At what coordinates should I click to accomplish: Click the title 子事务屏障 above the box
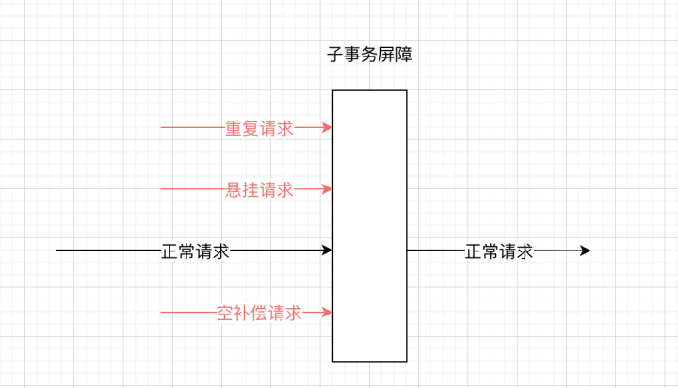(x=369, y=56)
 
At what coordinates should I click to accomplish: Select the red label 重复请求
(x=259, y=128)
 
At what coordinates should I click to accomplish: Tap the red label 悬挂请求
(x=259, y=190)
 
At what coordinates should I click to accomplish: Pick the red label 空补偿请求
(x=259, y=314)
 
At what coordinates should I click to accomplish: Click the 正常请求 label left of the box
(x=195, y=251)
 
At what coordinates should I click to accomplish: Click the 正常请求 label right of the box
(x=499, y=251)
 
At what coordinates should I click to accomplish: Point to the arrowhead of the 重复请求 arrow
(x=327, y=127)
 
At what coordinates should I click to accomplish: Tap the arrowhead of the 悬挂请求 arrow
(x=327, y=189)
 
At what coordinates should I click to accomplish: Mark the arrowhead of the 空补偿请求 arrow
(x=327, y=313)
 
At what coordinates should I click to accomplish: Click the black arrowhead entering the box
(x=327, y=251)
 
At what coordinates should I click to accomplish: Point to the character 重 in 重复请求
(x=234, y=128)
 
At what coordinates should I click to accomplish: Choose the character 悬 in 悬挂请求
(x=234, y=190)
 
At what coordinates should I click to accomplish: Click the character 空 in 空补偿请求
(x=225, y=314)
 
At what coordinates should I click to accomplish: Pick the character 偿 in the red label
(x=259, y=314)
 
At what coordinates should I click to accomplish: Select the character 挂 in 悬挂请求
(x=250, y=190)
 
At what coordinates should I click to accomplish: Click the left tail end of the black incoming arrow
(x=58, y=251)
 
